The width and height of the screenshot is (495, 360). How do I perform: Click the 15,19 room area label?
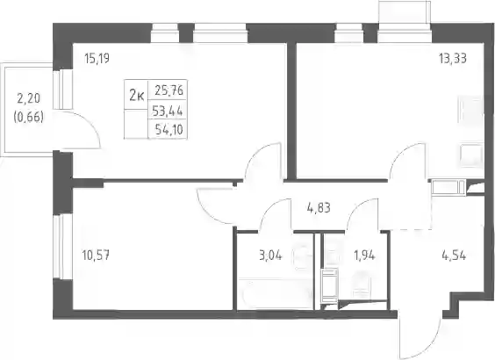97,59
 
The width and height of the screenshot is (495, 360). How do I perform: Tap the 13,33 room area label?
453,59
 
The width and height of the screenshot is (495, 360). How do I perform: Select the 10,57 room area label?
96,255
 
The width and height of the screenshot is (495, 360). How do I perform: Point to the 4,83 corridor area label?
319,208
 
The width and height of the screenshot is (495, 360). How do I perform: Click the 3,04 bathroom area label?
270,256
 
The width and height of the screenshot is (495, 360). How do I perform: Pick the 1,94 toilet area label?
364,256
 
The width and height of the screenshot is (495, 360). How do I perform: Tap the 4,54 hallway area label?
454,256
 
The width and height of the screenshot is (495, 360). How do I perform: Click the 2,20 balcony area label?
28,99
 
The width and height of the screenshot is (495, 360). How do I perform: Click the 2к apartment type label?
137,96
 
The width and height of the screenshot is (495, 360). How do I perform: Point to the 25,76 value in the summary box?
169,90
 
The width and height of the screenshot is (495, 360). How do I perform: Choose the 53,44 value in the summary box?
168,111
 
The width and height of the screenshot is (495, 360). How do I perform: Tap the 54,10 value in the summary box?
169,129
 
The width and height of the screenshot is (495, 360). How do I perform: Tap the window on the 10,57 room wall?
58,247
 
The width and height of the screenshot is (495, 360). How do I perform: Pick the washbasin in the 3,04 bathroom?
303,256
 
